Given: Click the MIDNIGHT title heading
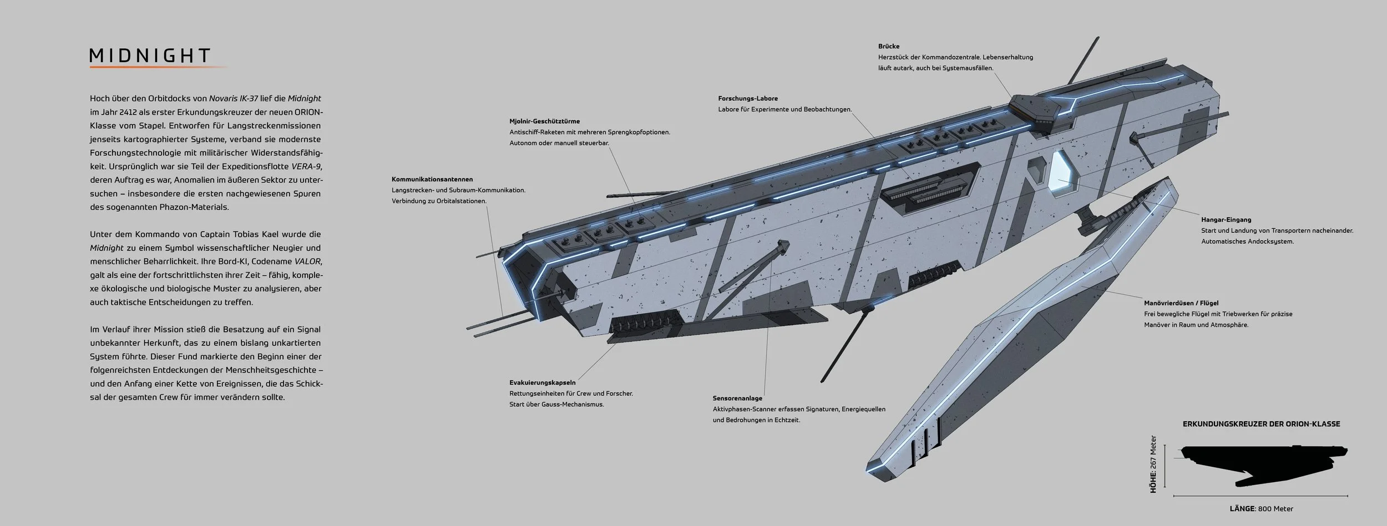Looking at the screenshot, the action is [150, 55].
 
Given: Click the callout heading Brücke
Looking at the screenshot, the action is [889, 47].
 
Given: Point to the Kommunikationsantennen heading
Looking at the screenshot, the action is [432, 180].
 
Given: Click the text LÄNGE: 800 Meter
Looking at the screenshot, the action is [1261, 509].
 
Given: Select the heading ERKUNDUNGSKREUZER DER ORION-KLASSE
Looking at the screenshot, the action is [1261, 424].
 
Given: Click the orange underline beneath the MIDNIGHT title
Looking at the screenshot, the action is [158, 67].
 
